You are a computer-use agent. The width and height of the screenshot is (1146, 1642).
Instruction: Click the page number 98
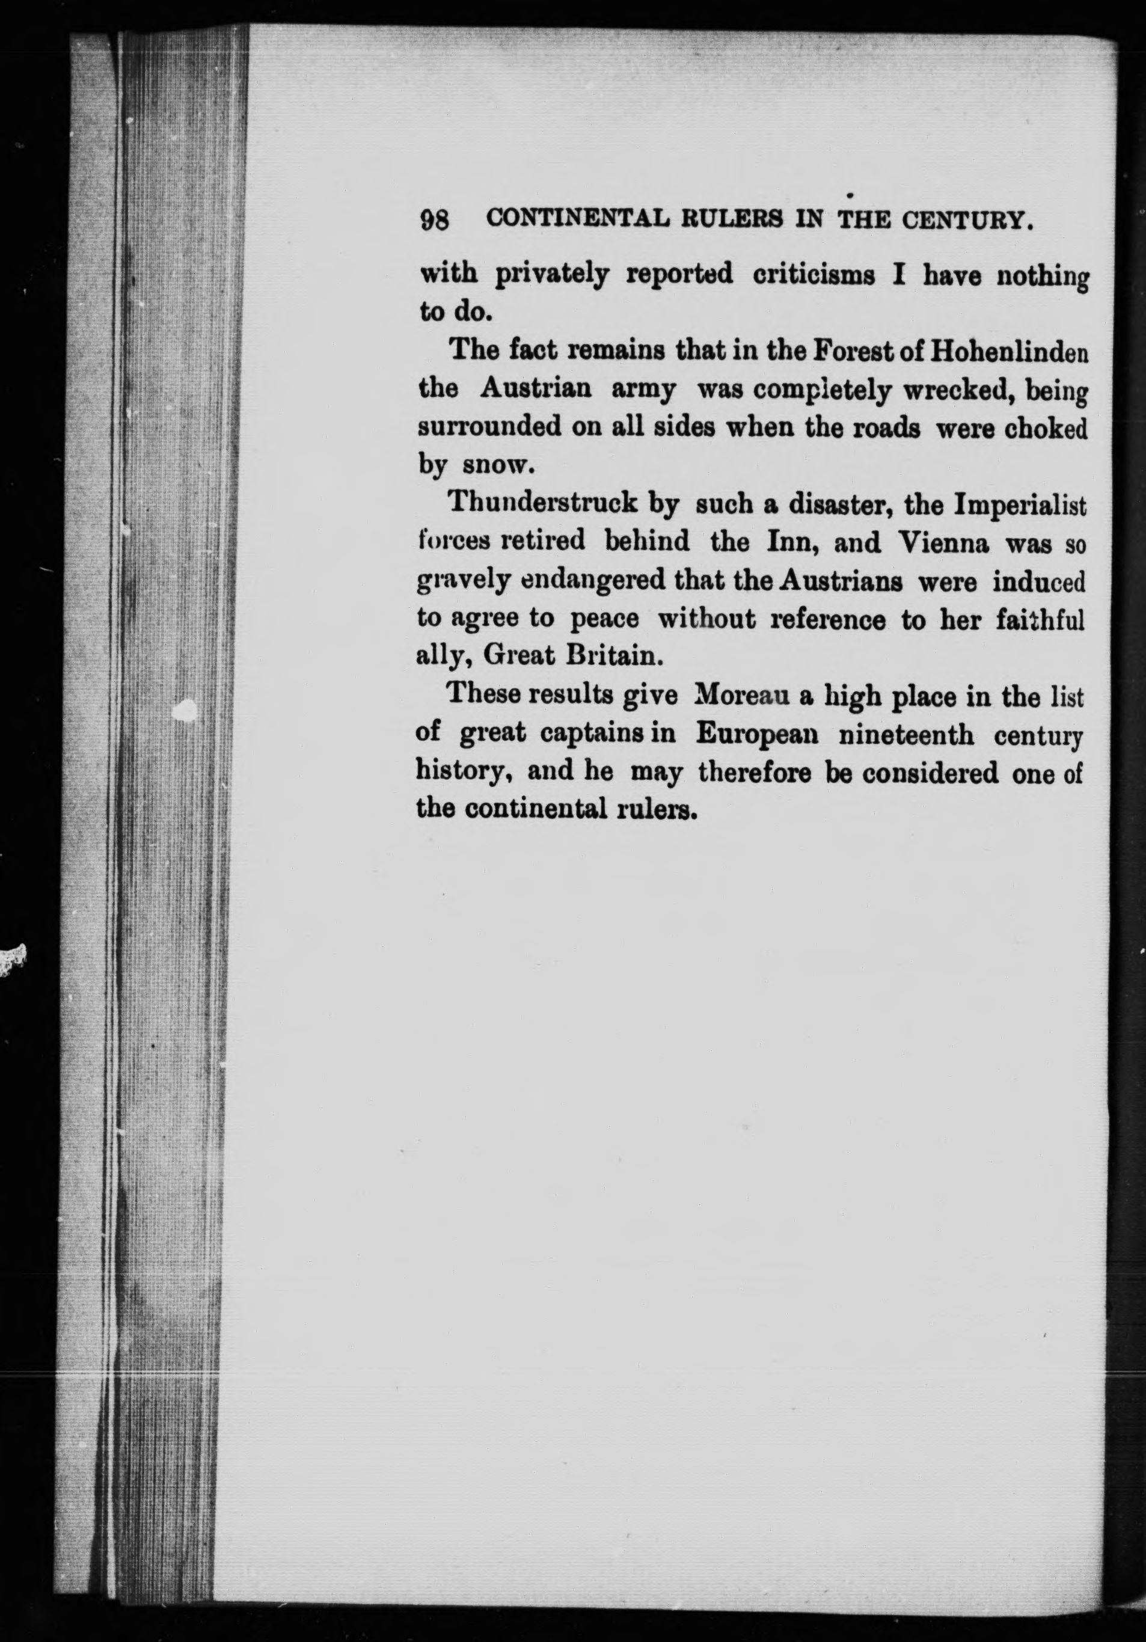pyautogui.click(x=434, y=219)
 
